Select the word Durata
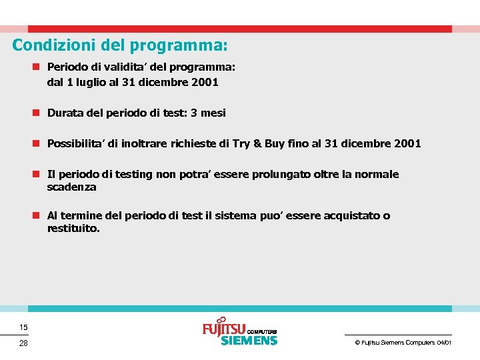pyautogui.click(x=65, y=113)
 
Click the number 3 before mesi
pyautogui.click(x=193, y=113)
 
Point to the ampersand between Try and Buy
pyautogui.click(x=257, y=143)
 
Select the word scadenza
pyautogui.click(x=71, y=187)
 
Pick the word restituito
pyautogui.click(x=73, y=228)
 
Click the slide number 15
pyautogui.click(x=23, y=327)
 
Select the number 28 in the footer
pyautogui.click(x=23, y=343)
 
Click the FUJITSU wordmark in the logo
pyautogui.click(x=223, y=329)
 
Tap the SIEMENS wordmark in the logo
pyautogui.click(x=248, y=341)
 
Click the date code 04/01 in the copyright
pyautogui.click(x=444, y=342)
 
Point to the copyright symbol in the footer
pyautogui.click(x=357, y=342)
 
